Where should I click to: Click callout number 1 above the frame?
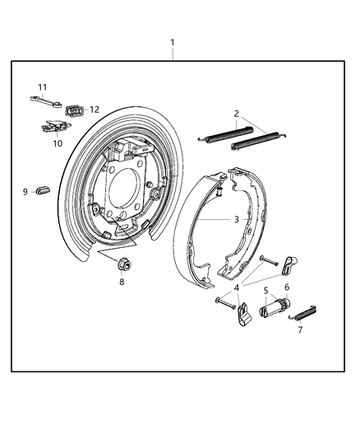172,42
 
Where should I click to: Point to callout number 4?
237,287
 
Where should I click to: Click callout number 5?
265,290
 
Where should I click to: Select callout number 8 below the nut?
122,282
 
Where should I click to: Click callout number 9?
25,192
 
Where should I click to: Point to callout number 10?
58,143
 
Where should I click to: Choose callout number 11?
42,86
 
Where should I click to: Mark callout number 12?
94,109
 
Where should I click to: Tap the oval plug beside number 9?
43,192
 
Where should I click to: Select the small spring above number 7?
307,313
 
